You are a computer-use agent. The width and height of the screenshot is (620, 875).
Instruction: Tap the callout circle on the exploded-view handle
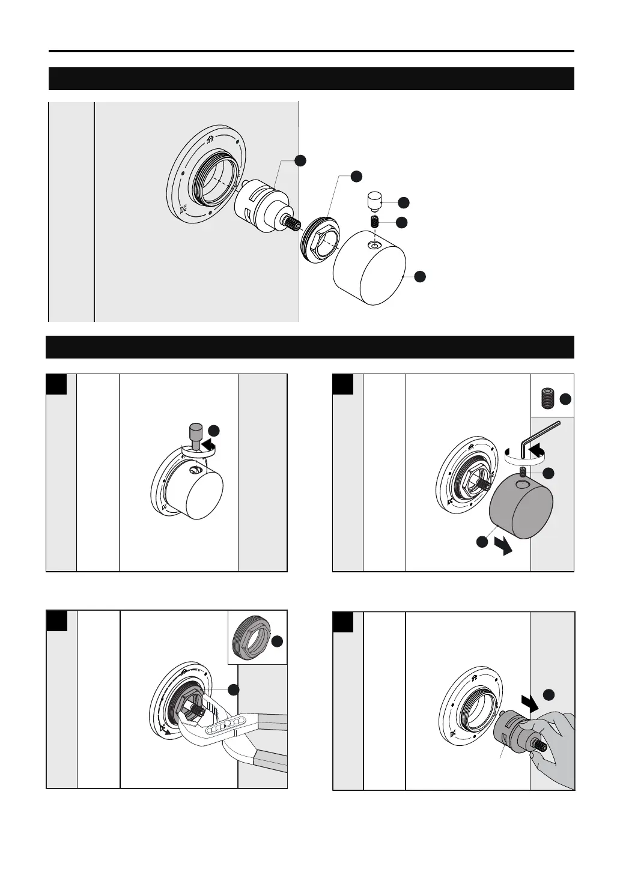pyautogui.click(x=420, y=276)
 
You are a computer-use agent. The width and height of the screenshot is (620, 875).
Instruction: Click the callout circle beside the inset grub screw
pyautogui.click(x=565, y=399)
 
